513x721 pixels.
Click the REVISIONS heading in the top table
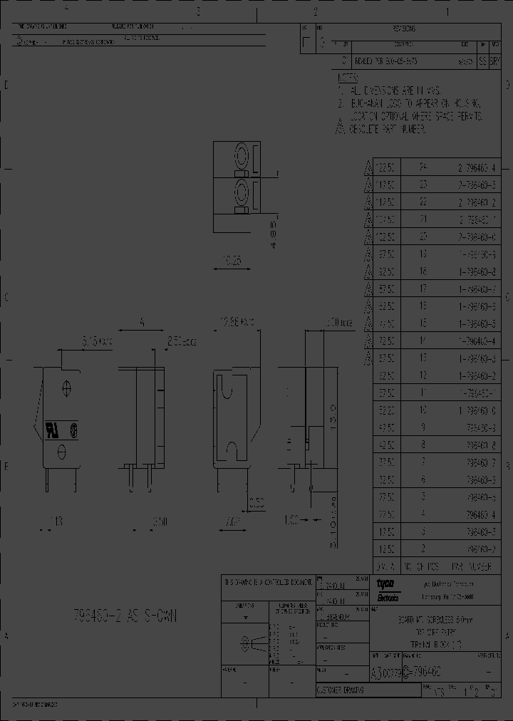(x=404, y=29)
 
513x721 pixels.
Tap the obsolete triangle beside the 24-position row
(x=368, y=168)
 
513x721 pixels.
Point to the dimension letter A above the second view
(x=142, y=322)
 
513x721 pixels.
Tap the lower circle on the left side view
(x=61, y=450)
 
